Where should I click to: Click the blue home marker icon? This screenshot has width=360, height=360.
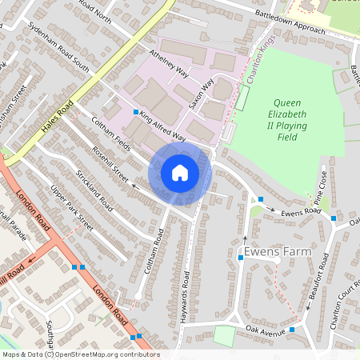click(180, 172)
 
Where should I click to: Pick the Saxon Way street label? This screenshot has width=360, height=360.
click(202, 94)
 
